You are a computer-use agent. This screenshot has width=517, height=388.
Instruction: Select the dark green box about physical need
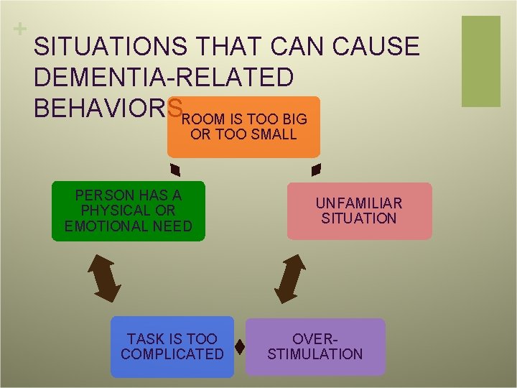129,211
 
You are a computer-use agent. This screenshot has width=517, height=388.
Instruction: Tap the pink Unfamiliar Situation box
359,211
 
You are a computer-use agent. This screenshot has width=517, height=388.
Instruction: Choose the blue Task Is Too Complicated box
172,346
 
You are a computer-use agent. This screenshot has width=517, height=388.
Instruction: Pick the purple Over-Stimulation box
315,346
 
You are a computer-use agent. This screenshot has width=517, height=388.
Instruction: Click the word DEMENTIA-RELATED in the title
164,77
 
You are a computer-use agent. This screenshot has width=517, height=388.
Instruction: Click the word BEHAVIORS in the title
108,107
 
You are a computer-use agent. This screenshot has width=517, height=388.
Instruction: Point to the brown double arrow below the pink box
289,277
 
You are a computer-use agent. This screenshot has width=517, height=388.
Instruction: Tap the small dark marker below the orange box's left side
174,170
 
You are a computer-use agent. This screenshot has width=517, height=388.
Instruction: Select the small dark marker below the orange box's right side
315,170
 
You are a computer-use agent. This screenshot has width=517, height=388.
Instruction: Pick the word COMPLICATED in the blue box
172,354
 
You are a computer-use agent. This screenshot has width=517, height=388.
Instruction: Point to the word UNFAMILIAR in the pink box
359,203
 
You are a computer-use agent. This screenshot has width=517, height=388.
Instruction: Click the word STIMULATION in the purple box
315,354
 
